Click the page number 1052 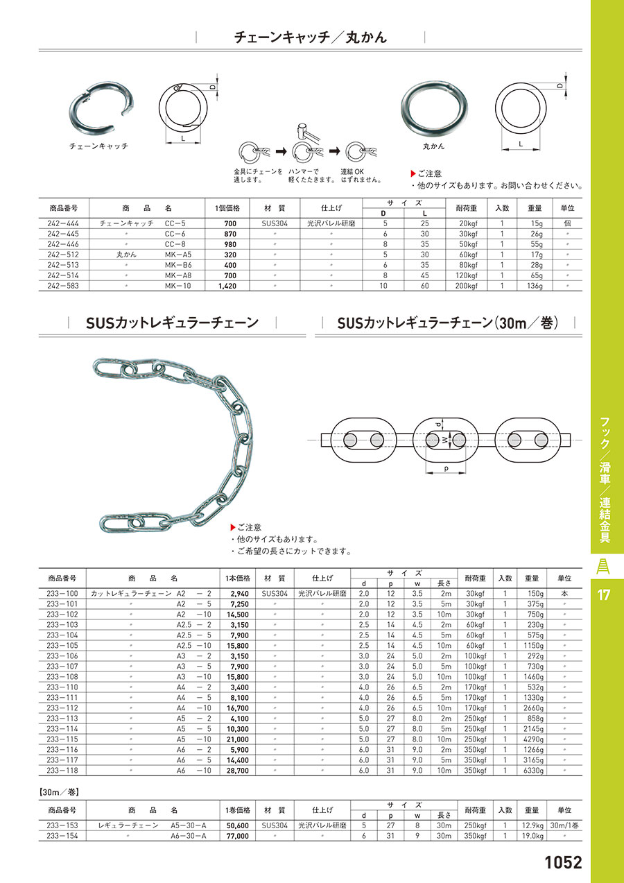(563, 862)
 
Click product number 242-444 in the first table (63, 223)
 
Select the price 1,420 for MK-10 (227, 286)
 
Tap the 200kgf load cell (467, 286)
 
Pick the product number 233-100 (62, 594)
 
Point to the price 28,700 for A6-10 (238, 771)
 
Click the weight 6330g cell (533, 771)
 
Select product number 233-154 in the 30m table (62, 836)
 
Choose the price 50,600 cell (238, 825)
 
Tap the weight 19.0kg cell (533, 836)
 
